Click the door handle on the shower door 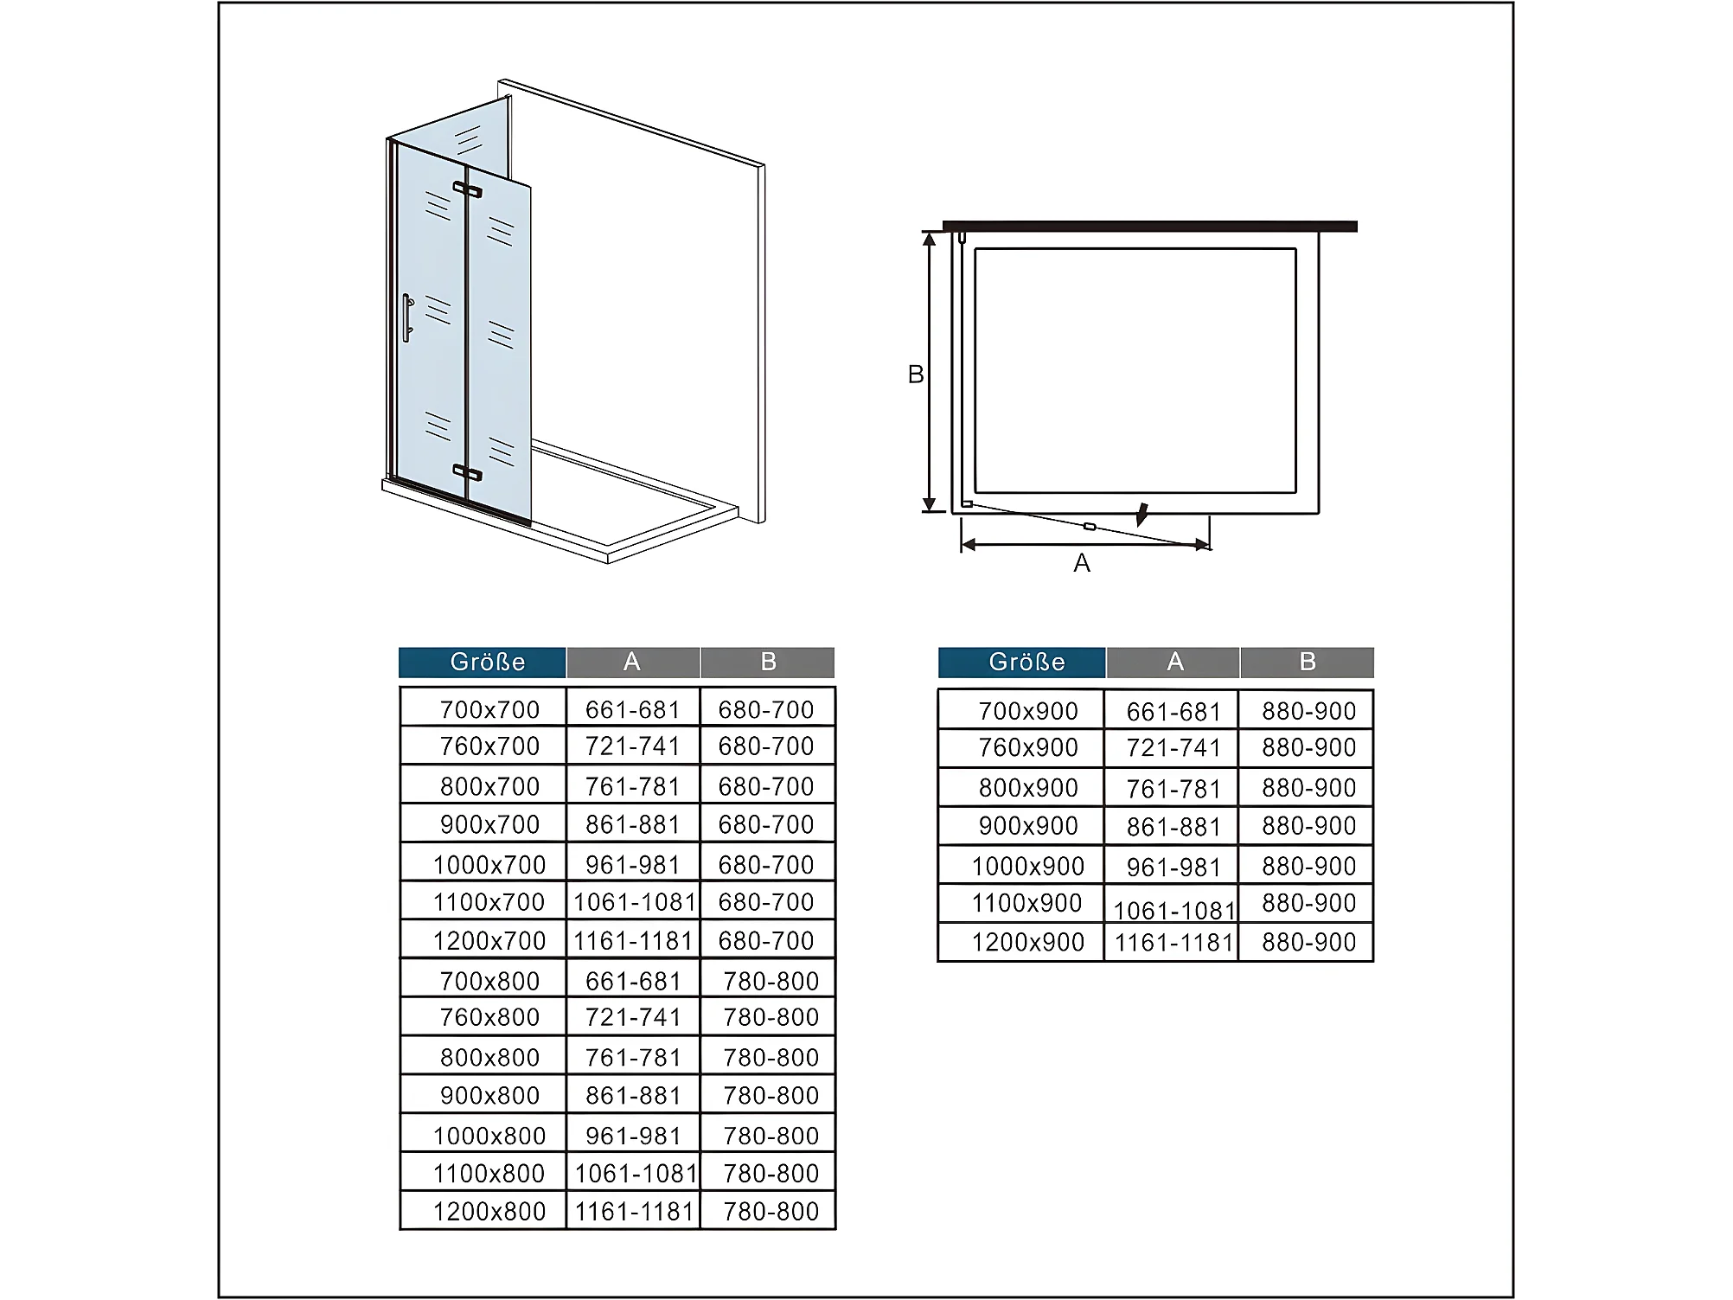click(407, 317)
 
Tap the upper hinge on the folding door click(468, 189)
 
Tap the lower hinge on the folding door click(468, 472)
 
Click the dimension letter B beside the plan click(916, 375)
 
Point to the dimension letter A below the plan click(1082, 563)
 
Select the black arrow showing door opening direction click(1143, 515)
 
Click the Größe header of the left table click(488, 662)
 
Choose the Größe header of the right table click(1027, 662)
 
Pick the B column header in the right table click(1308, 662)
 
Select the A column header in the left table click(632, 662)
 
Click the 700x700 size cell click(489, 710)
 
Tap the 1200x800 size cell click(489, 1212)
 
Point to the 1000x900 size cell click(1028, 866)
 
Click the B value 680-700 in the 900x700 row click(766, 825)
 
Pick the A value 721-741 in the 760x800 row click(633, 1017)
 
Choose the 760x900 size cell click(1028, 747)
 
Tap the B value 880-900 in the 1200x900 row click(1309, 942)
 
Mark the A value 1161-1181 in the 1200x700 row click(634, 941)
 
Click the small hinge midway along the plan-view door click(1090, 526)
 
